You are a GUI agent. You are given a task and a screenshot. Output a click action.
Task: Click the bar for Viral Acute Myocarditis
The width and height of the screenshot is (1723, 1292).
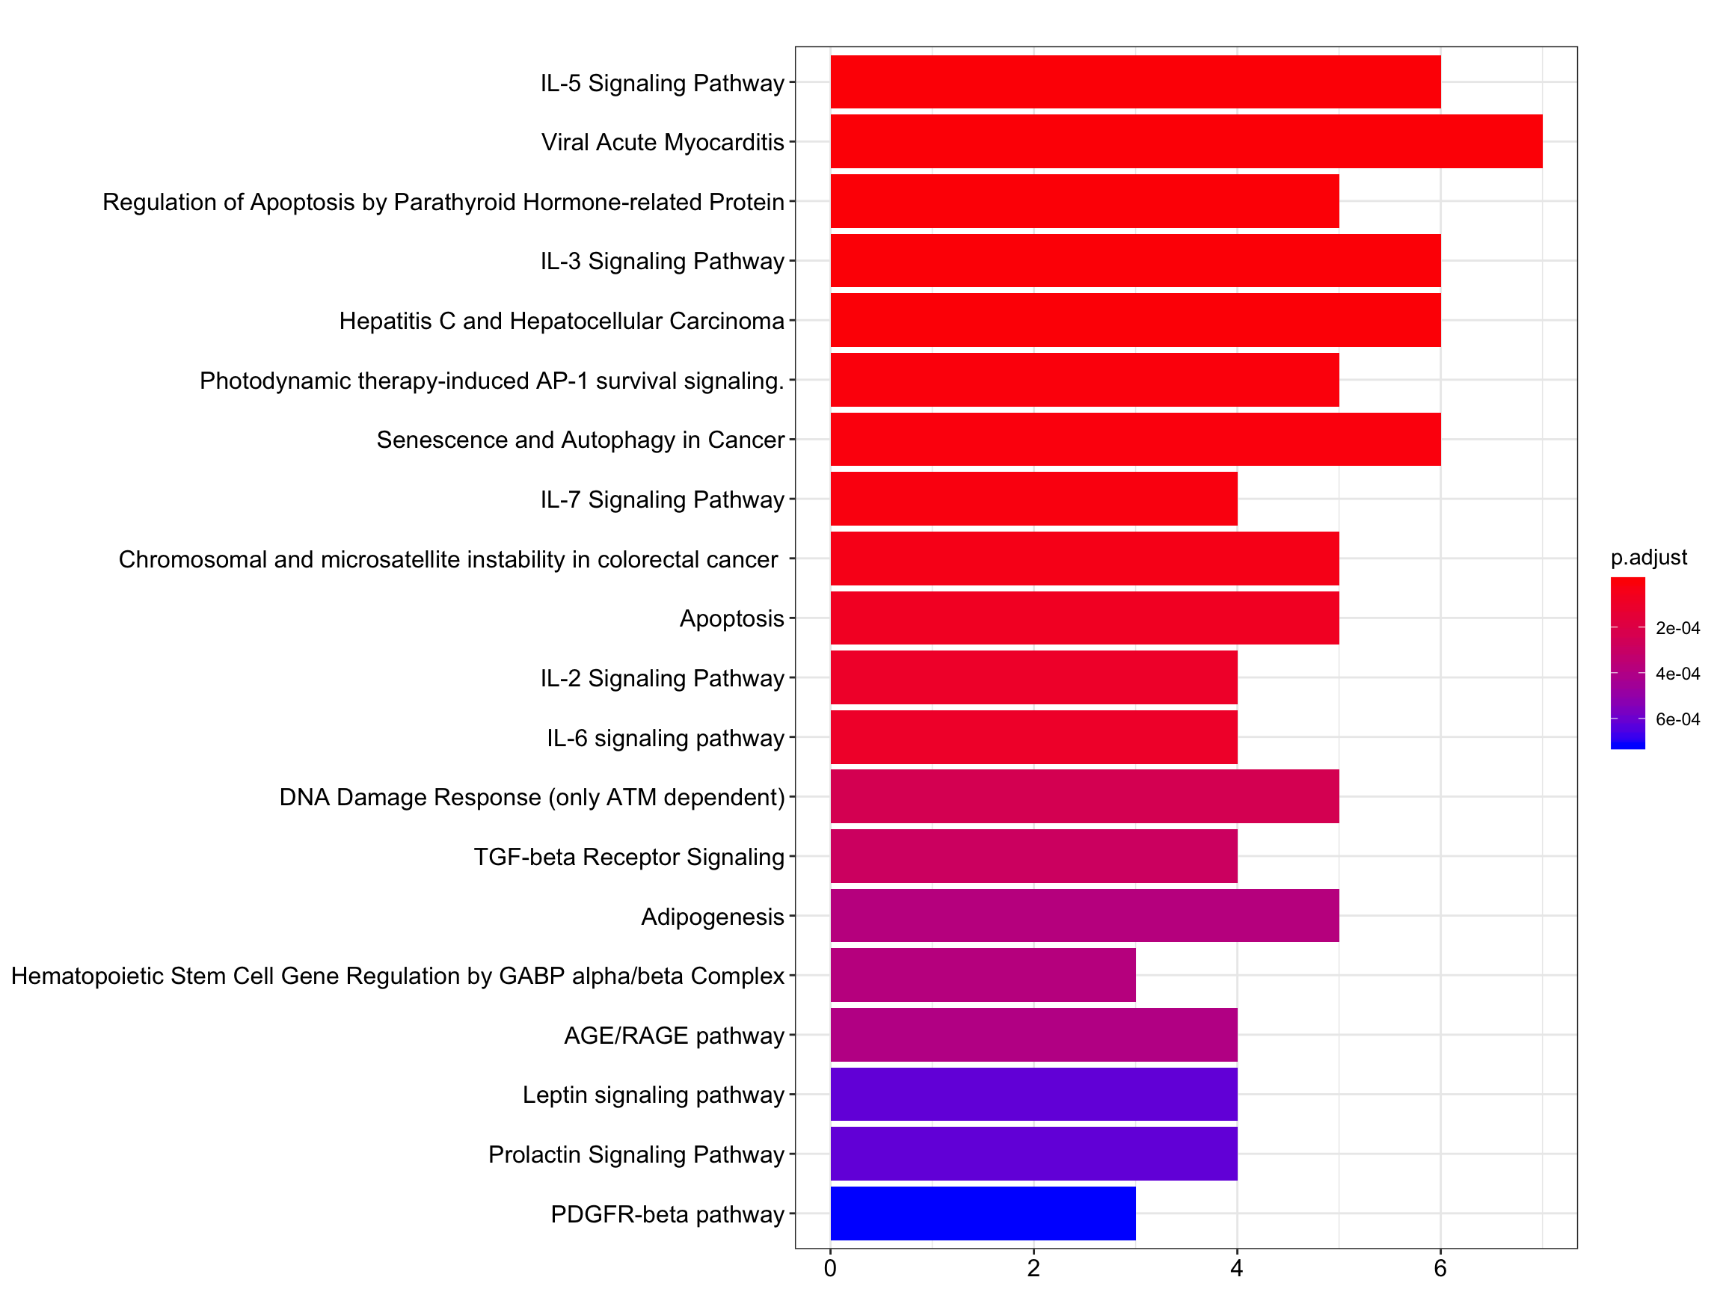tap(1185, 142)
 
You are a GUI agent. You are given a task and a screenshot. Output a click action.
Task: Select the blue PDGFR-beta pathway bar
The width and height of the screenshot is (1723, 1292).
tap(983, 1213)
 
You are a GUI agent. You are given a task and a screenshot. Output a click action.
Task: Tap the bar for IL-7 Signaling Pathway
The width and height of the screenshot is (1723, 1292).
tap(1034, 499)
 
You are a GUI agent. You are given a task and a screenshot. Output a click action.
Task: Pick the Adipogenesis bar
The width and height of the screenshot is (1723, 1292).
tap(1084, 916)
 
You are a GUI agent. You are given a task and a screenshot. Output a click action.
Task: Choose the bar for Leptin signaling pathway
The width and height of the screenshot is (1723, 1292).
tap(1034, 1094)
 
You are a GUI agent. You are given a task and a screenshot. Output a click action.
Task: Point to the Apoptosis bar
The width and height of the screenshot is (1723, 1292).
tap(1084, 618)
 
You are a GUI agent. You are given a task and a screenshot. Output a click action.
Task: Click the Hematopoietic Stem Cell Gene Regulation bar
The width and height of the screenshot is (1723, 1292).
tap(983, 975)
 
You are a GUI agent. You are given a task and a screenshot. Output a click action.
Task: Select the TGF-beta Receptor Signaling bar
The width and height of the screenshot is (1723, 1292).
tap(1034, 856)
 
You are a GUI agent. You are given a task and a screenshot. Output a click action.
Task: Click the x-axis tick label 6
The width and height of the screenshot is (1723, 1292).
tap(1440, 1269)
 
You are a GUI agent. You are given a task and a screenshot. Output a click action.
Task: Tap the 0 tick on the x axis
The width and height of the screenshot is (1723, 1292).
tap(830, 1269)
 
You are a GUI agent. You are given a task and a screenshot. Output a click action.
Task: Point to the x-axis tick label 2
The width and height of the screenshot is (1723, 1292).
tap(1034, 1269)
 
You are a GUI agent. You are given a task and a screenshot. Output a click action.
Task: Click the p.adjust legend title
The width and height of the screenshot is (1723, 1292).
tap(1649, 558)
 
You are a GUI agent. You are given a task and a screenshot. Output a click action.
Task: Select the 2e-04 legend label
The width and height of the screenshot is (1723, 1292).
tap(1678, 629)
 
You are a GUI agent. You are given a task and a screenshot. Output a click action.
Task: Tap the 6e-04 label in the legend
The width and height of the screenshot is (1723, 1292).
tap(1678, 719)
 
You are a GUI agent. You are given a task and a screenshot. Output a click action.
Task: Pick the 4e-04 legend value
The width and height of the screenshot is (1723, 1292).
tap(1678, 674)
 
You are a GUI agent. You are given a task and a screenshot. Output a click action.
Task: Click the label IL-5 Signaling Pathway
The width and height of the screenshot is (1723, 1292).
tap(662, 82)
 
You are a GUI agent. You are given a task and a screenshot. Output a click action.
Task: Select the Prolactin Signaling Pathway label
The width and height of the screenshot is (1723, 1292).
tap(636, 1154)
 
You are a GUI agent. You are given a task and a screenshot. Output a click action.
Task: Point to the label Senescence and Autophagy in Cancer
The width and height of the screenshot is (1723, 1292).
tap(580, 439)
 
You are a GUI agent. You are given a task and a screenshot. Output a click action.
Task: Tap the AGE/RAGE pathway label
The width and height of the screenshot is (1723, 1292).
tap(674, 1035)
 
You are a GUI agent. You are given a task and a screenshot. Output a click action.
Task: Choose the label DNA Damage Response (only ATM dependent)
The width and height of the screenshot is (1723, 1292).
tap(532, 797)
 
